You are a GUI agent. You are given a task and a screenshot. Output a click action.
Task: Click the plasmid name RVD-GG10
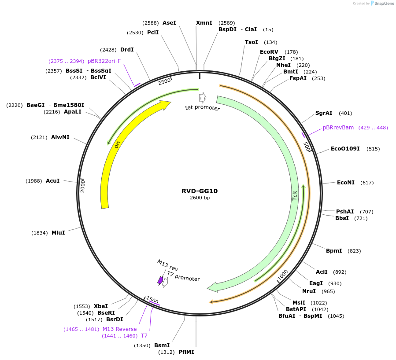(200, 191)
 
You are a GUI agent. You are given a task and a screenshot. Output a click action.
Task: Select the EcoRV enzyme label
(269, 52)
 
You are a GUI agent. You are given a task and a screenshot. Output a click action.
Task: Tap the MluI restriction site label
(58, 232)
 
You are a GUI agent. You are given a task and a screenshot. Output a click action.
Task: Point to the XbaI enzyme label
(101, 306)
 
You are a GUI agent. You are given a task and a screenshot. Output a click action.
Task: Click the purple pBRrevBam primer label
(338, 128)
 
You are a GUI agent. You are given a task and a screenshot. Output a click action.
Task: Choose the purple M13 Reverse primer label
(119, 329)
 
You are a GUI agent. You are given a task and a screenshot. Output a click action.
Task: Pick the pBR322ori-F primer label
(104, 61)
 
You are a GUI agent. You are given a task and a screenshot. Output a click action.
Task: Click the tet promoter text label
(202, 108)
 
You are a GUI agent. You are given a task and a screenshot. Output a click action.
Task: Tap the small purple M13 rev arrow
(160, 280)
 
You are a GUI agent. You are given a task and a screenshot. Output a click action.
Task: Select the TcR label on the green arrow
(295, 195)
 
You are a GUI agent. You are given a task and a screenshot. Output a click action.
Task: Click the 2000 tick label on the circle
(82, 185)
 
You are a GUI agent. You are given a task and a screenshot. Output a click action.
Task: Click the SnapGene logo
(382, 3)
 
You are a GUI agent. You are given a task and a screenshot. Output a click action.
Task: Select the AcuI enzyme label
(53, 181)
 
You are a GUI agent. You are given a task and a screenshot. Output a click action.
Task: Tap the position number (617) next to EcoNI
(367, 183)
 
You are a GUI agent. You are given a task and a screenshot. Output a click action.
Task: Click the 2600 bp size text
(200, 198)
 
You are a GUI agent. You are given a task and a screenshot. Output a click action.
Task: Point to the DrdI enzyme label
(127, 50)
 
